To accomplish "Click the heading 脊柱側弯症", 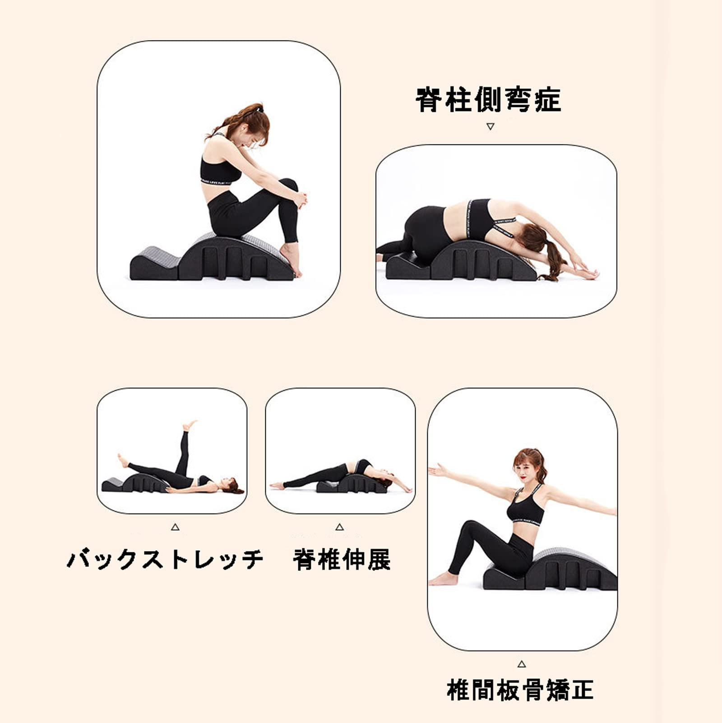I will [x=488, y=100].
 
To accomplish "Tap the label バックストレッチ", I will [x=165, y=559].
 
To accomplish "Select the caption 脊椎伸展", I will [x=342, y=559].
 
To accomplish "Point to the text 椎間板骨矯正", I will [x=520, y=690].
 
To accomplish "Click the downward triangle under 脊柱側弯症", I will [x=491, y=127].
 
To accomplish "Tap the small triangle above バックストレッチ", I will [x=175, y=527].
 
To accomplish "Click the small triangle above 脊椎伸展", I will [x=340, y=527].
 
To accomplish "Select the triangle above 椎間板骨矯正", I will [x=522, y=664].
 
